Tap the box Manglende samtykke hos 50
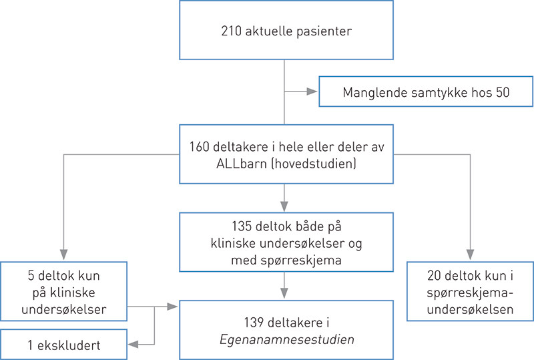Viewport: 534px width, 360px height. click(426, 92)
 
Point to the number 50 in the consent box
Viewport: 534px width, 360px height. click(502, 92)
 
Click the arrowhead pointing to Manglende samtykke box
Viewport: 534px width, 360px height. click(312, 92)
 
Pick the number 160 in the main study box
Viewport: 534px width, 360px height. click(198, 148)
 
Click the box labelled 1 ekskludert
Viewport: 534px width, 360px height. click(63, 345)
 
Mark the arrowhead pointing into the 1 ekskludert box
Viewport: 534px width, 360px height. click(133, 345)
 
